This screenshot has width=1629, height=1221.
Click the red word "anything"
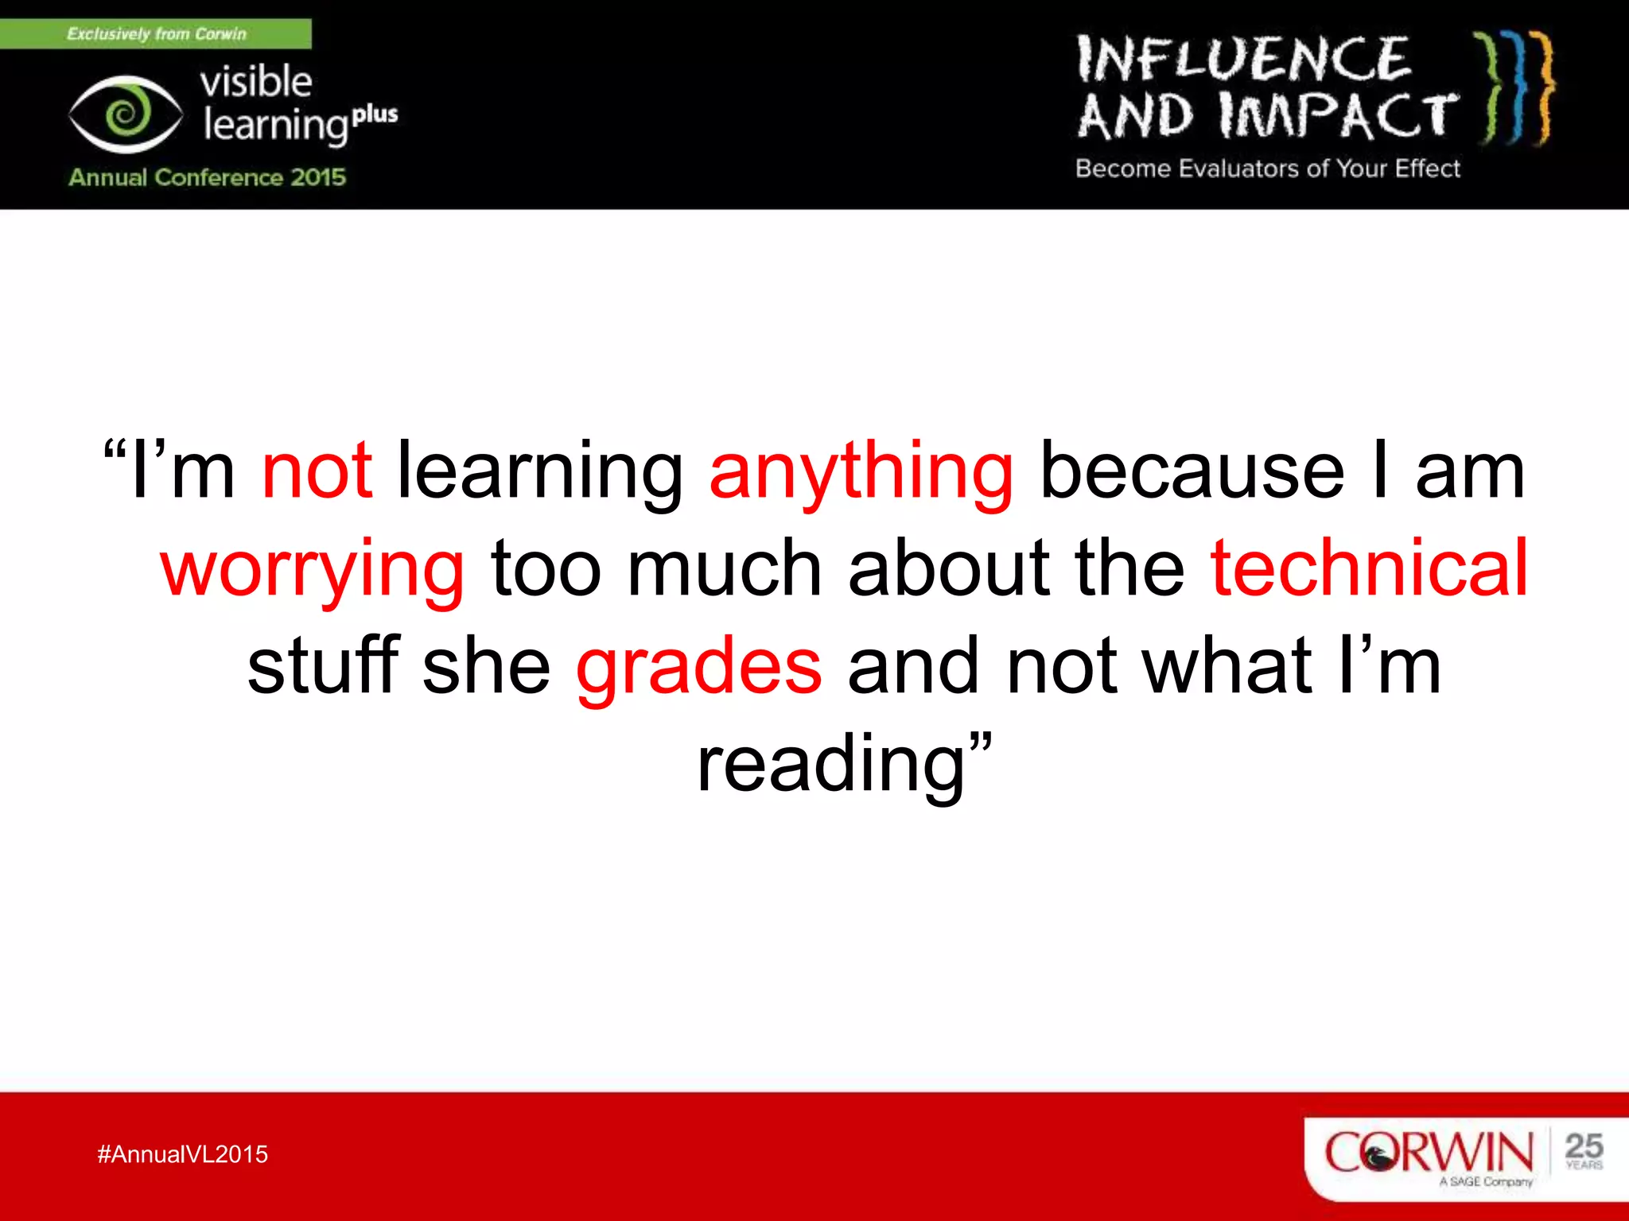pyautogui.click(x=861, y=472)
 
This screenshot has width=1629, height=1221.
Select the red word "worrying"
pyautogui.click(x=312, y=569)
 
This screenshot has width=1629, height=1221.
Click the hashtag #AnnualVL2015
pyautogui.click(x=182, y=1154)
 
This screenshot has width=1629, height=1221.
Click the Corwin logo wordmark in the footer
pyautogui.click(x=1428, y=1152)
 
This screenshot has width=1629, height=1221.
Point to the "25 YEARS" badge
pyautogui.click(x=1583, y=1151)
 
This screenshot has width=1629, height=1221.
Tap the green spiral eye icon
pyautogui.click(x=126, y=114)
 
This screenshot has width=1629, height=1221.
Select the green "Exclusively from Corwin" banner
pyautogui.click(x=156, y=34)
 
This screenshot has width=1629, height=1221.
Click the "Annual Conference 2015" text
pyautogui.click(x=207, y=177)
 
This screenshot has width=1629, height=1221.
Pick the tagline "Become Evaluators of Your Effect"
pyautogui.click(x=1267, y=169)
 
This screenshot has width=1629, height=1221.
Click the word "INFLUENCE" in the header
pyautogui.click(x=1242, y=59)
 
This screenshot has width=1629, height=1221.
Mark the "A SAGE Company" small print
pyautogui.click(x=1485, y=1182)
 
